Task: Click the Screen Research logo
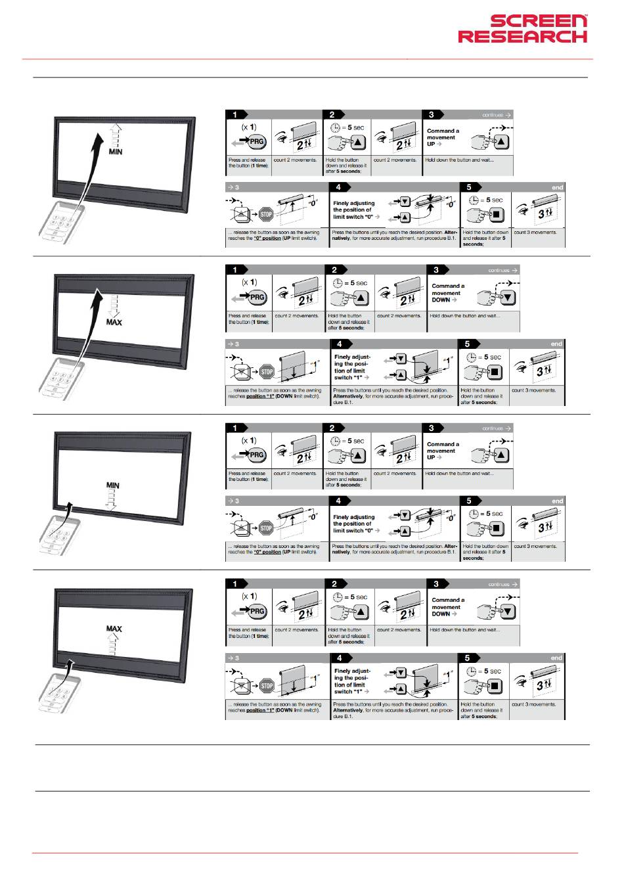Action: click(x=522, y=30)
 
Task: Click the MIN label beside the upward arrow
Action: click(x=115, y=152)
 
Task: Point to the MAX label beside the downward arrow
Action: click(x=114, y=322)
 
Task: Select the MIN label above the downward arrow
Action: click(x=113, y=486)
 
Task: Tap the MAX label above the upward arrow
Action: click(x=114, y=629)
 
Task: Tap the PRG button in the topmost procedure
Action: click(x=256, y=142)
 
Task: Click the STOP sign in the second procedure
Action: click(x=267, y=372)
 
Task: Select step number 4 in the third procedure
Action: click(x=339, y=501)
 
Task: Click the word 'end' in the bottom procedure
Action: click(x=556, y=658)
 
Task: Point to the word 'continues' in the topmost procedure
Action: click(x=493, y=115)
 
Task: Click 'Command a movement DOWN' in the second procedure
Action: click(x=447, y=293)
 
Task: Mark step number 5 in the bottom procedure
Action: click(x=467, y=658)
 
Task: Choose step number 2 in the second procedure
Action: click(x=334, y=270)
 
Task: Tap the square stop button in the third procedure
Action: click(x=497, y=528)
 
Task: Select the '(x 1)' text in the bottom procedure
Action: click(x=249, y=597)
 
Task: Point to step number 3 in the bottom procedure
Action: click(x=436, y=584)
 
